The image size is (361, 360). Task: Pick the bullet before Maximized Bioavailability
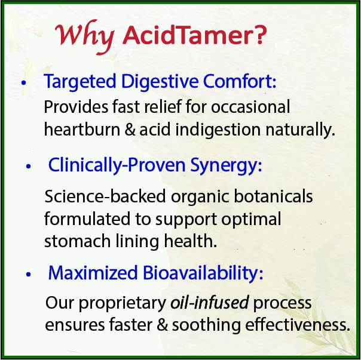(x=28, y=275)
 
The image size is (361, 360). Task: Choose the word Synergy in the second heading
(x=231, y=165)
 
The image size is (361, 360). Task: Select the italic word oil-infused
(x=206, y=303)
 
